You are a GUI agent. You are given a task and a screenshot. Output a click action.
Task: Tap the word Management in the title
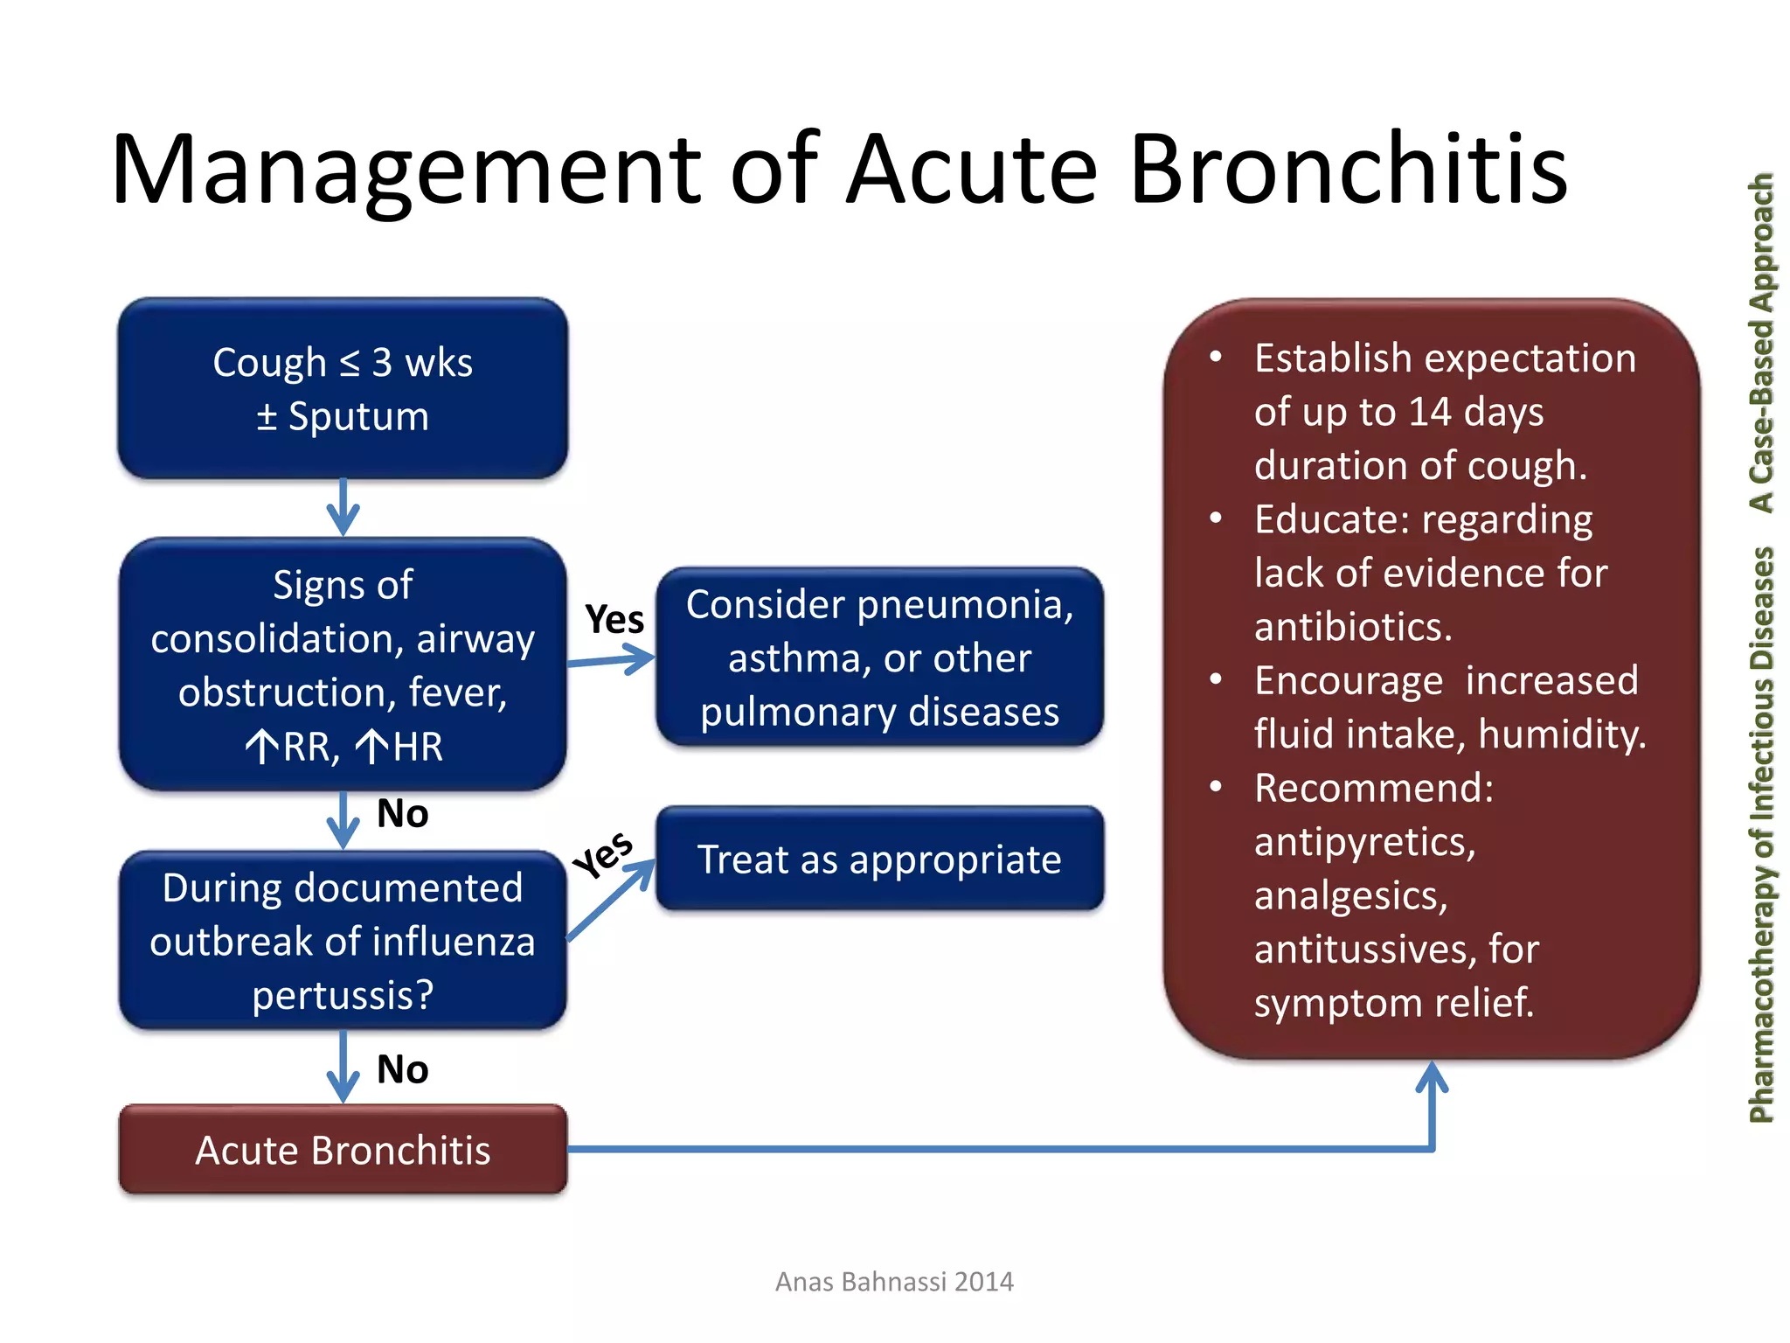click(x=406, y=170)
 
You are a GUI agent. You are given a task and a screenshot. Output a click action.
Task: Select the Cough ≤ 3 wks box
click(x=343, y=388)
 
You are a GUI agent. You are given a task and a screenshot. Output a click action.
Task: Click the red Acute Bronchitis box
click(x=343, y=1150)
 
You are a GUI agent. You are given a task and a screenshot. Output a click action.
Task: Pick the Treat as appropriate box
click(x=879, y=859)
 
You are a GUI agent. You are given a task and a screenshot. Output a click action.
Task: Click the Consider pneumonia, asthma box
click(x=879, y=658)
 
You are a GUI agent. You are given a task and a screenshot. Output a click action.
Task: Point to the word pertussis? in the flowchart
click(x=343, y=995)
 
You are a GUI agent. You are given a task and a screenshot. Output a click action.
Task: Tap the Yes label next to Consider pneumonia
click(x=614, y=619)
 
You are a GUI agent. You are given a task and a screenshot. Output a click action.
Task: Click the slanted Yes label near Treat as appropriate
click(x=603, y=854)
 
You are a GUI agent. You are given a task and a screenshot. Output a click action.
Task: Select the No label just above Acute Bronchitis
click(x=402, y=1069)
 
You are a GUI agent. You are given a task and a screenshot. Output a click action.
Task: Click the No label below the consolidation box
click(x=402, y=814)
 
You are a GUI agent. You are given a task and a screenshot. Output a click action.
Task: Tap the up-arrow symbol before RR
click(x=261, y=748)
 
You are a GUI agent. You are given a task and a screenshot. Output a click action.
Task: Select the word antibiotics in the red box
click(x=1352, y=627)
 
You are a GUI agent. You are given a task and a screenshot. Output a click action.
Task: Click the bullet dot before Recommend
click(x=1215, y=787)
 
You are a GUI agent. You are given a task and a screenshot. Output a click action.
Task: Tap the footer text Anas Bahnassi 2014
click(x=894, y=1282)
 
